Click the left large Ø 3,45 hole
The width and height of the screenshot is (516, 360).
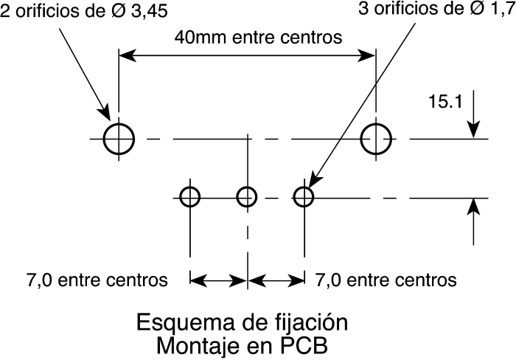104,139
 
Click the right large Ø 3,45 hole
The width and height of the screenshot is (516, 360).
361,139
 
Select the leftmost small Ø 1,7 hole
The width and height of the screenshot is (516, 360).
181,197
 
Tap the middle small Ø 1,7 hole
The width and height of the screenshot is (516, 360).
237,197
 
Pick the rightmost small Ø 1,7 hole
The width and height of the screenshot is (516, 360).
293,197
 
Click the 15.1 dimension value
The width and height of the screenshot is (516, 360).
445,102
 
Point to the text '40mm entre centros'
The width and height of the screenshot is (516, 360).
258,37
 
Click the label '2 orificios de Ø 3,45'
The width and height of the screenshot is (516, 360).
84,11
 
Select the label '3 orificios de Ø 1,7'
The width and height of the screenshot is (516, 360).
437,9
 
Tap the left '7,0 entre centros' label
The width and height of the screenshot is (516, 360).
97,280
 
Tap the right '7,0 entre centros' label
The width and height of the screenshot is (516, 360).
386,280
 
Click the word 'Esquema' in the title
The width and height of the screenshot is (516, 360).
185,323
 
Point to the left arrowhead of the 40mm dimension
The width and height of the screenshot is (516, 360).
128,55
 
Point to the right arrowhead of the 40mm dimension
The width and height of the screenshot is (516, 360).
366,55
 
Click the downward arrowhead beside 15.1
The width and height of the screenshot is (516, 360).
473,129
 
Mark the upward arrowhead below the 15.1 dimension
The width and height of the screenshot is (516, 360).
473,207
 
